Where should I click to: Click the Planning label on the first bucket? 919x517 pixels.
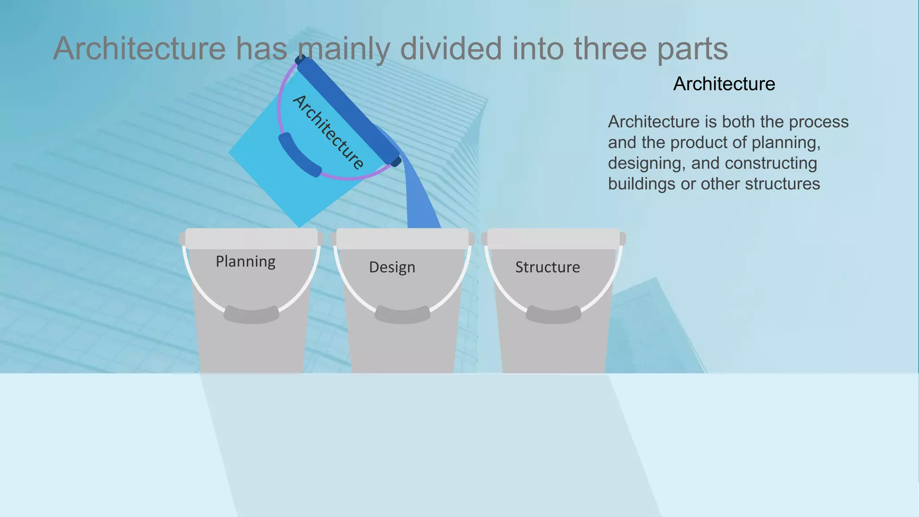[245, 262]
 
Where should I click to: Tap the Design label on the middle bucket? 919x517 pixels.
[392, 267]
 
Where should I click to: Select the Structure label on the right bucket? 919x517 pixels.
[547, 267]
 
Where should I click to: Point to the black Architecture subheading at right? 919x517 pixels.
[724, 84]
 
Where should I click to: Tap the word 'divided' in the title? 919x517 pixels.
[451, 48]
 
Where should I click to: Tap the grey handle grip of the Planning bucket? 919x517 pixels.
[251, 315]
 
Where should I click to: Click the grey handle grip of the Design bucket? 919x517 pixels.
[403, 315]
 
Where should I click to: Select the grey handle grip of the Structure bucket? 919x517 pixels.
[553, 315]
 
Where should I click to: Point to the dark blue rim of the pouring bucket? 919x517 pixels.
[348, 110]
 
